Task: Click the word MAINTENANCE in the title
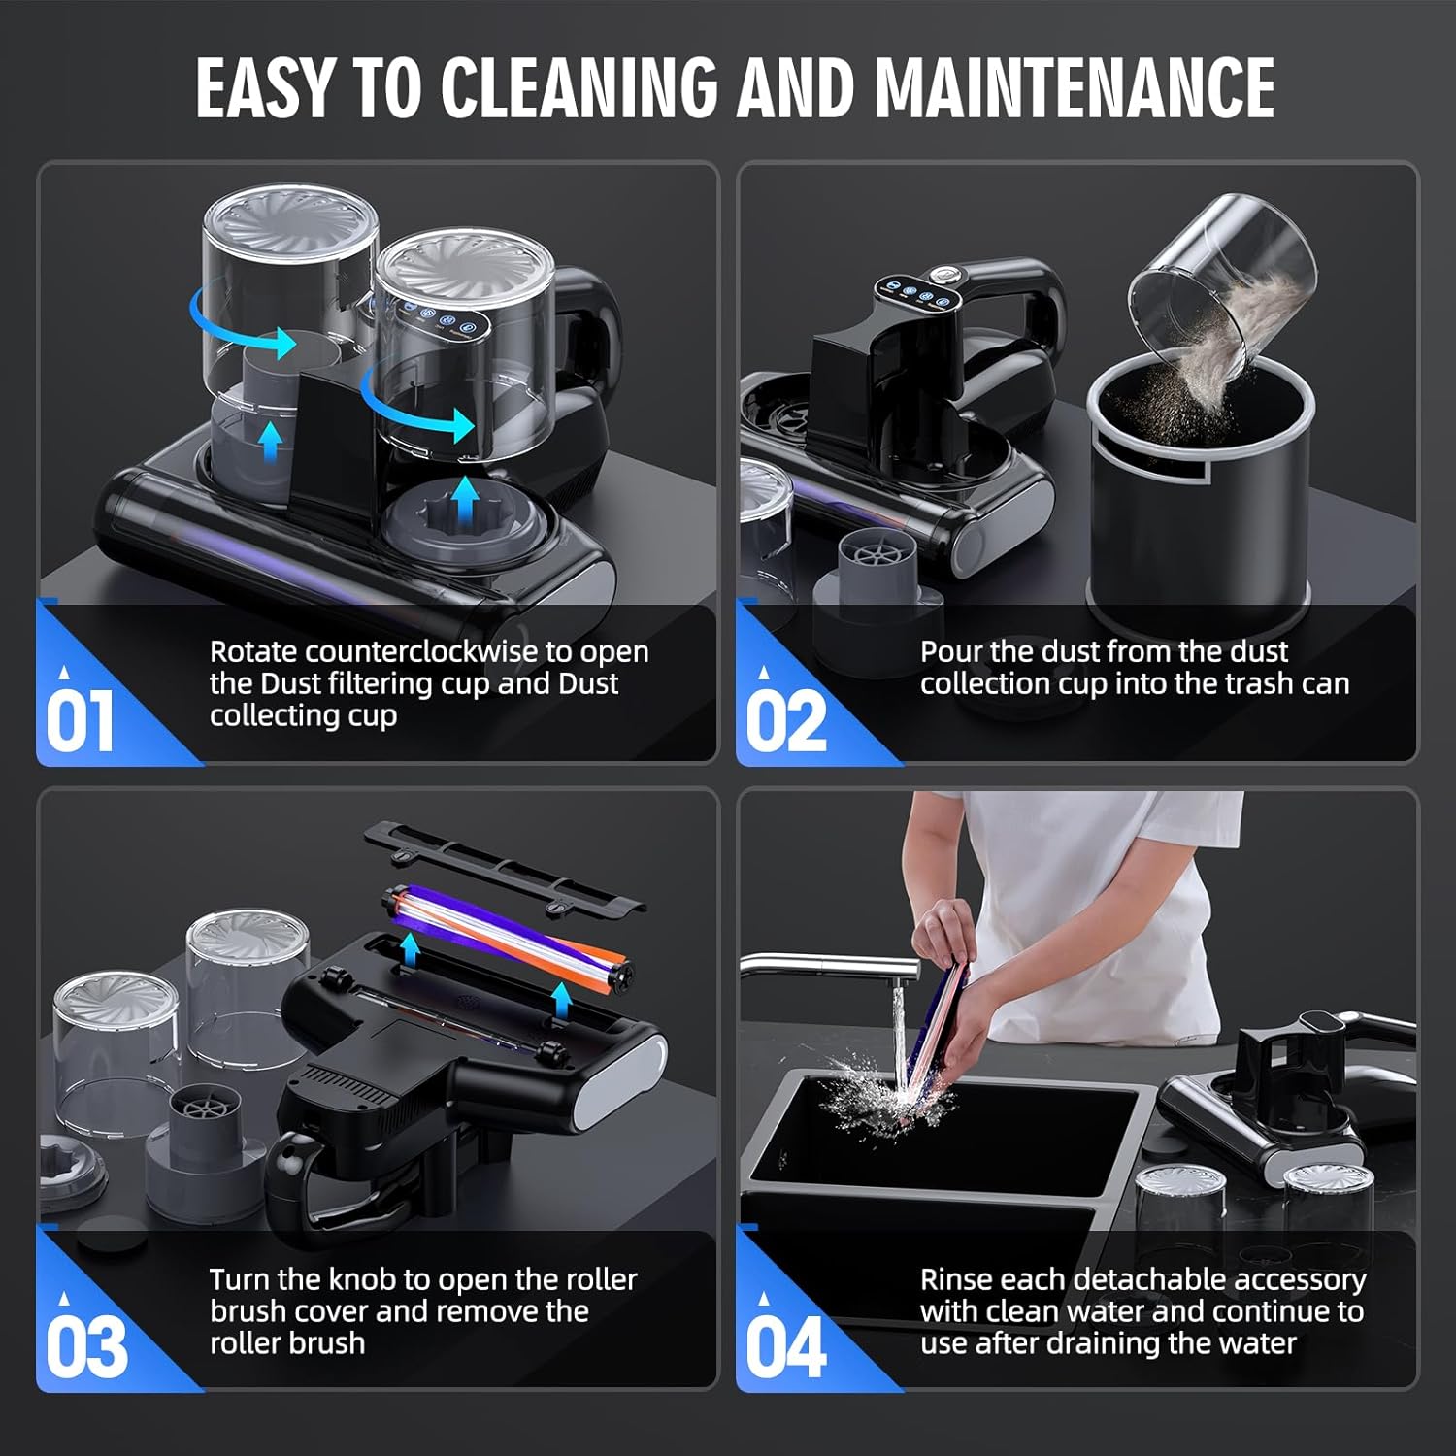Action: point(1075,87)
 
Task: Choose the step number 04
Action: point(785,1346)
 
